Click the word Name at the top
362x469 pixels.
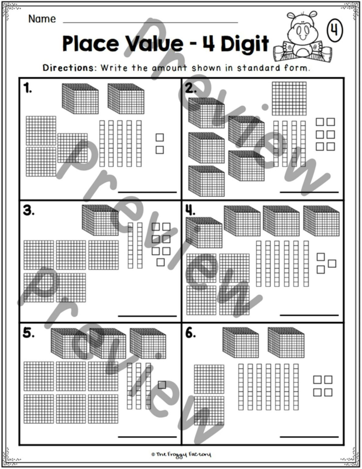[x=42, y=19]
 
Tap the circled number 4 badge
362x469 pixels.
[x=335, y=31]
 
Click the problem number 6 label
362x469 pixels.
[x=191, y=333]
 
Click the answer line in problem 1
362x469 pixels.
[x=147, y=192]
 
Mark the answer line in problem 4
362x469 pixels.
[x=309, y=315]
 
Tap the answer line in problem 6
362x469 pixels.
[x=309, y=437]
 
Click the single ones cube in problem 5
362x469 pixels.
[x=162, y=385]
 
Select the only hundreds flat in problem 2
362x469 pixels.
[x=289, y=98]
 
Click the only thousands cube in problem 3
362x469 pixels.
[x=100, y=220]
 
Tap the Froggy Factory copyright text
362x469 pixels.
[x=181, y=455]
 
